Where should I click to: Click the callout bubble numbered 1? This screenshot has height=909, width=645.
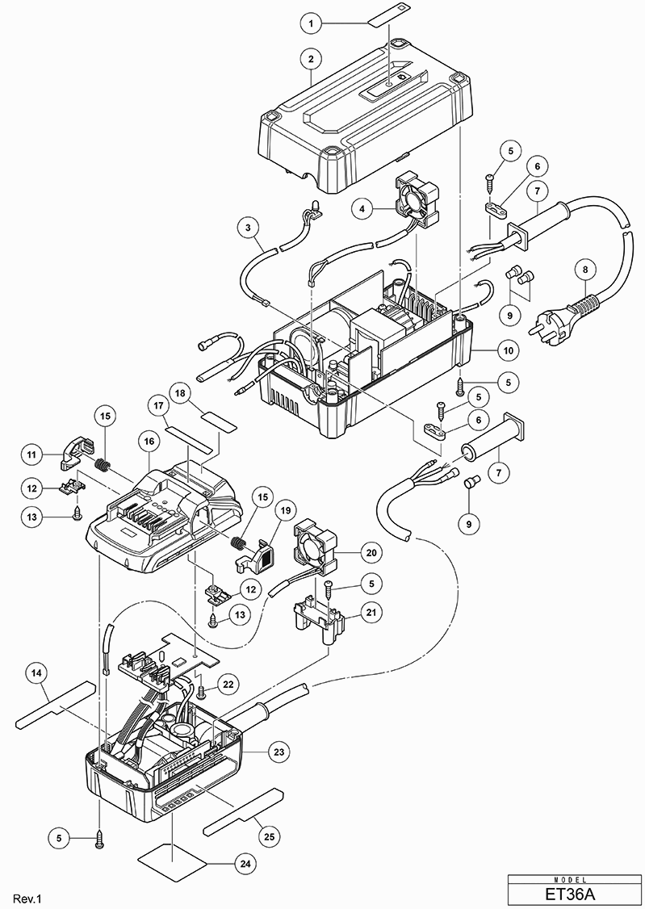pyautogui.click(x=312, y=23)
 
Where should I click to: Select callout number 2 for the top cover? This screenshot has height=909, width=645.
pyautogui.click(x=312, y=59)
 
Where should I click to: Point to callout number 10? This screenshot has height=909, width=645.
pyautogui.click(x=509, y=350)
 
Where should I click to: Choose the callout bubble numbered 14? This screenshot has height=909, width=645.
pyautogui.click(x=37, y=673)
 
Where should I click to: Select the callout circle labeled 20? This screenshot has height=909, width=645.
pyautogui.click(x=371, y=552)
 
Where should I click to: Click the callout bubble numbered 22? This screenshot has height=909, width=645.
pyautogui.click(x=228, y=685)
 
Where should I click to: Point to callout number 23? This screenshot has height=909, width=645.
pyautogui.click(x=279, y=752)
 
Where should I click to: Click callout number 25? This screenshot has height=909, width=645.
pyautogui.click(x=270, y=836)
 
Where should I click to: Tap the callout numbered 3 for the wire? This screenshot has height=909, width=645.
pyautogui.click(x=248, y=228)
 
